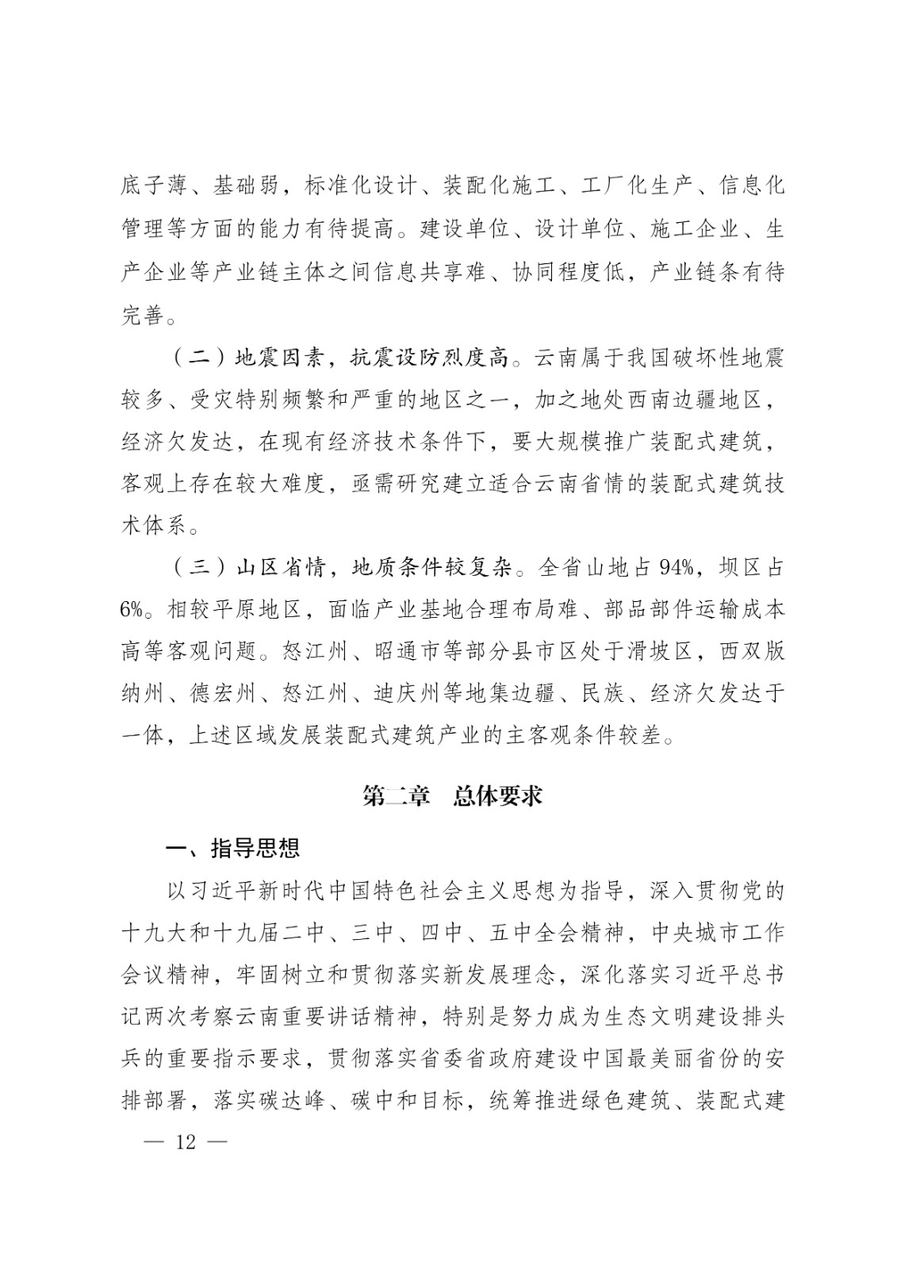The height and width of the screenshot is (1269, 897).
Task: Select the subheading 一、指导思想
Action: coord(233,849)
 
